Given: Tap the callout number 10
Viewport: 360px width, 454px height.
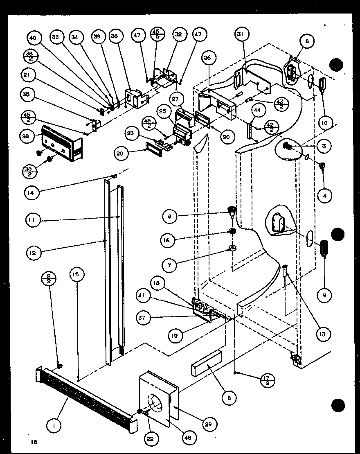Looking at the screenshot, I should [x=324, y=122].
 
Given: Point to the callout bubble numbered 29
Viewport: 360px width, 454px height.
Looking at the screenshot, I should [x=211, y=424].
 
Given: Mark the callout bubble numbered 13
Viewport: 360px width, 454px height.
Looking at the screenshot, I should [x=322, y=334].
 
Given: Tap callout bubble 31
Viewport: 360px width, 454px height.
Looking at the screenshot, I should [x=240, y=35].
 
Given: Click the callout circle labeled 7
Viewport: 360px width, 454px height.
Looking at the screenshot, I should [x=169, y=265].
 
